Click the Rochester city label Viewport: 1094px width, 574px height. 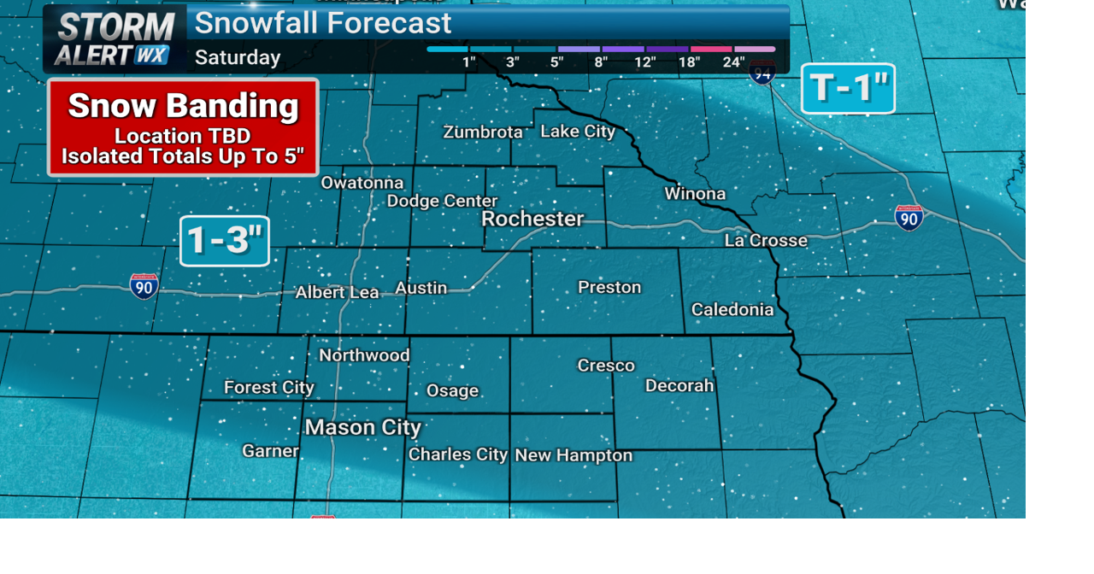[x=532, y=219]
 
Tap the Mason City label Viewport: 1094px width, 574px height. [x=362, y=427]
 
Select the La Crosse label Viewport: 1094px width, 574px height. [x=766, y=240]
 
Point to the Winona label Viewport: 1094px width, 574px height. [x=695, y=194]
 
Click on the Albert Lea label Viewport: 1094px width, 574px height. [x=337, y=292]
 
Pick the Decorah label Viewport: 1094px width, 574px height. [x=679, y=385]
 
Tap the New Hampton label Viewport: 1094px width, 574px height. [x=573, y=455]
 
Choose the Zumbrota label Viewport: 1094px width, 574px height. [x=483, y=132]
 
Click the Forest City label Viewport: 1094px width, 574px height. [x=268, y=388]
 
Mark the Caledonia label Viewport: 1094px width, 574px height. [x=732, y=309]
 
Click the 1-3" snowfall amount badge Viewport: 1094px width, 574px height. [x=225, y=240]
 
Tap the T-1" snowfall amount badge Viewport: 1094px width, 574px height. [x=848, y=88]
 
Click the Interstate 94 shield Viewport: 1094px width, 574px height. [x=762, y=72]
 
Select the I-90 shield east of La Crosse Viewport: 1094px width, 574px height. [x=909, y=218]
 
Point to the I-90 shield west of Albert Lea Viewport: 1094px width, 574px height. [x=144, y=286]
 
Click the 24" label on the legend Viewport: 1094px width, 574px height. [x=733, y=61]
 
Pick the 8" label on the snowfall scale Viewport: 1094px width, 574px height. [x=601, y=61]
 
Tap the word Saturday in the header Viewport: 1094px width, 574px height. [x=238, y=57]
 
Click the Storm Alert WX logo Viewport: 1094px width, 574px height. [x=114, y=38]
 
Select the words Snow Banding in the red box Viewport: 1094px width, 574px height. [x=183, y=106]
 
